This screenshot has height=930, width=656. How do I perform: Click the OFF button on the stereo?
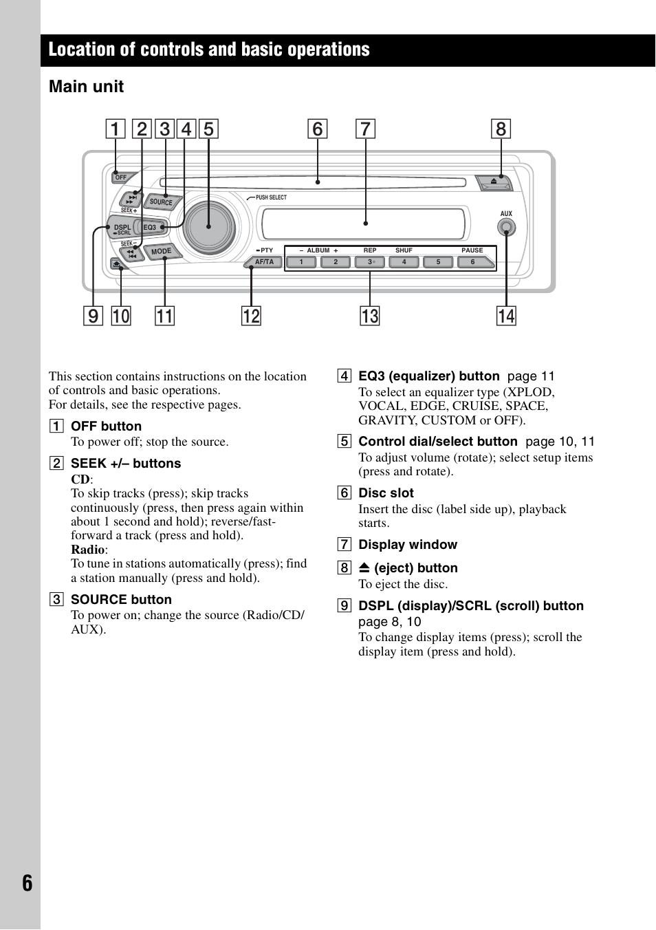(121, 177)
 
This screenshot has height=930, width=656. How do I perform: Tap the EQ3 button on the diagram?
(151, 227)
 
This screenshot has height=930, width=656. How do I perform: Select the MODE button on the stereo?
(162, 252)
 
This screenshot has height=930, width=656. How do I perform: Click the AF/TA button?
(265, 262)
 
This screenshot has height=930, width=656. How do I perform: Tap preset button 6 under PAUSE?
(474, 262)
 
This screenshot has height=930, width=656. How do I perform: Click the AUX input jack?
(506, 228)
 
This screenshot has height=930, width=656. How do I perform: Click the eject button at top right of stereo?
(495, 182)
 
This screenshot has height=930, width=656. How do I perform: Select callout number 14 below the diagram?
(506, 316)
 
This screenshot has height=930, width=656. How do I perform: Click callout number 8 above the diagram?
(501, 129)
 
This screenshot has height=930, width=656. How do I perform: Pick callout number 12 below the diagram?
(251, 316)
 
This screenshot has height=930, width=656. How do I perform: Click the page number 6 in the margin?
(27, 883)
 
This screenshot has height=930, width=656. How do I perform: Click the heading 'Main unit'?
(87, 87)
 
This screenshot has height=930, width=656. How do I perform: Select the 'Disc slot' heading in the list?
(386, 493)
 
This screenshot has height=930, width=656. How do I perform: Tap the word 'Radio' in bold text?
(88, 550)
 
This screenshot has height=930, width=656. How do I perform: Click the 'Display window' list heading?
(408, 545)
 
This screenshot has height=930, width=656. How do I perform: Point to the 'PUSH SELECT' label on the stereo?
(271, 197)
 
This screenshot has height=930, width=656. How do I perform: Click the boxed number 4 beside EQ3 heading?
(344, 376)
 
